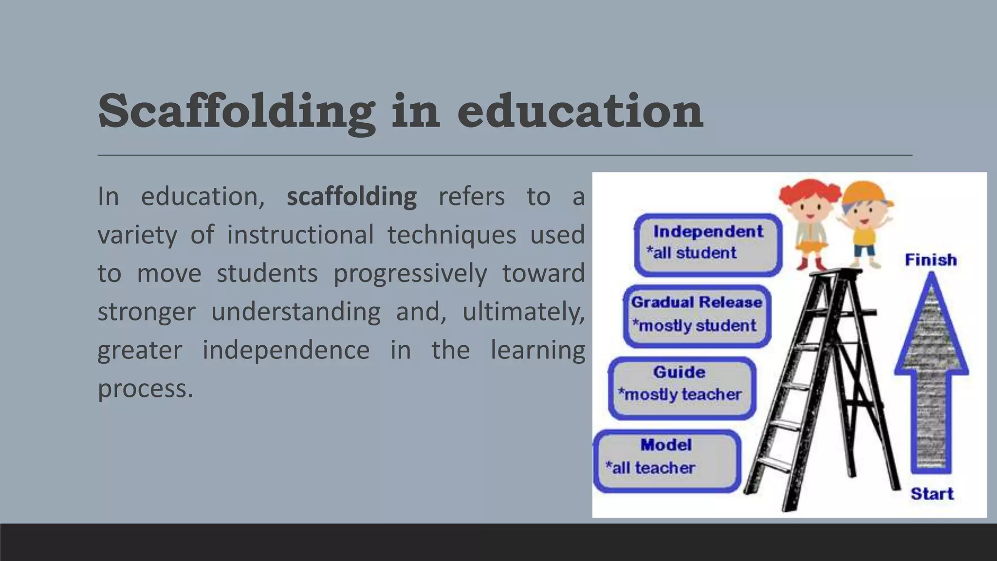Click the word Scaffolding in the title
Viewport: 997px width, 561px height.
237,112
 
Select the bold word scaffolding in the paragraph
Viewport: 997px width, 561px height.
351,197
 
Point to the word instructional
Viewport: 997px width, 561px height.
300,235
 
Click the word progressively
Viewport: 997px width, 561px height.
410,273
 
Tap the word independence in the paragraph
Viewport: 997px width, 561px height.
286,350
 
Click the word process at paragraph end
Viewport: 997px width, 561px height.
145,389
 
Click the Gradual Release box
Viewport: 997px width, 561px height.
697,316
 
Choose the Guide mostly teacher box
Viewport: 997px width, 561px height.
682,388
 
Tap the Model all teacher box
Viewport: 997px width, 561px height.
666,460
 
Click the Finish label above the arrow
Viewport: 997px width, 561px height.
930,260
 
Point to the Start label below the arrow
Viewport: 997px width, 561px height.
932,494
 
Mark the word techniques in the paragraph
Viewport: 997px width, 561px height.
451,235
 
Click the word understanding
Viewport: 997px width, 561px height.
295,312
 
